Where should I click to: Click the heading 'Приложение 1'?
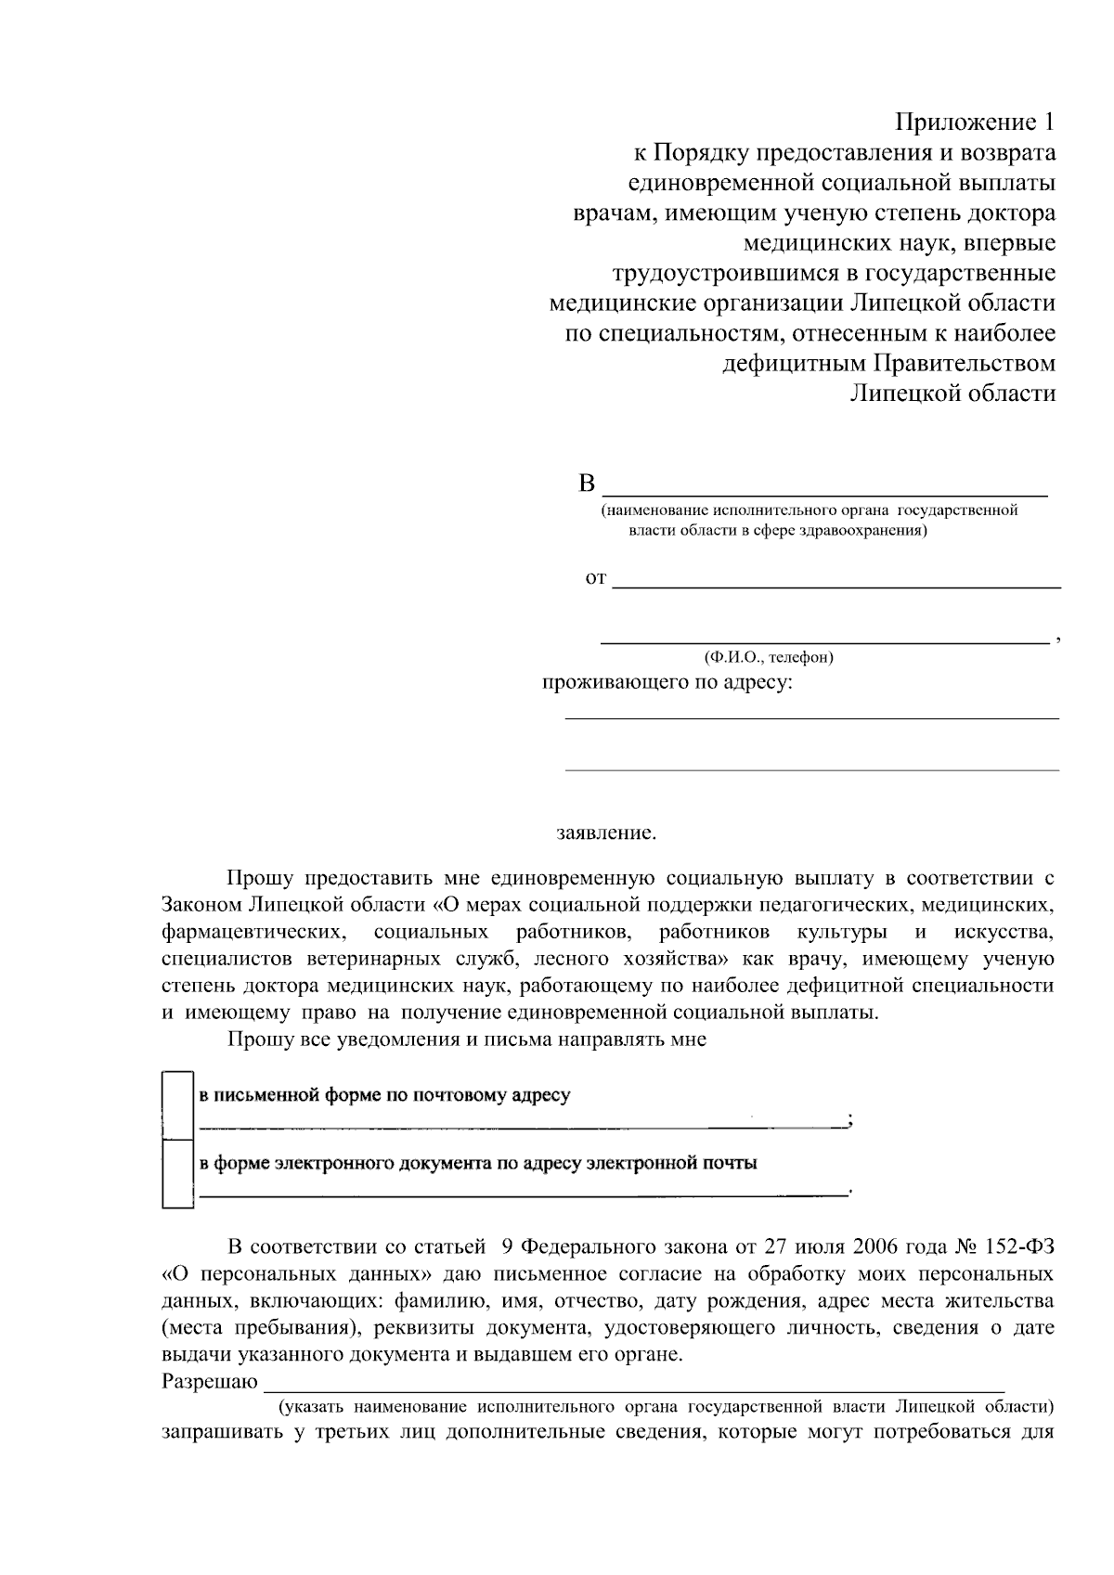click(975, 123)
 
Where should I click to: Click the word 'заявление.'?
click(606, 833)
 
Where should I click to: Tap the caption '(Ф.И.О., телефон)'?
click(769, 657)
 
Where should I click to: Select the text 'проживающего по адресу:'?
click(667, 684)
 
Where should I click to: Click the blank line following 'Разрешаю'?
click(631, 1390)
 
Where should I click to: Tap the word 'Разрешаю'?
click(209, 1382)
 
